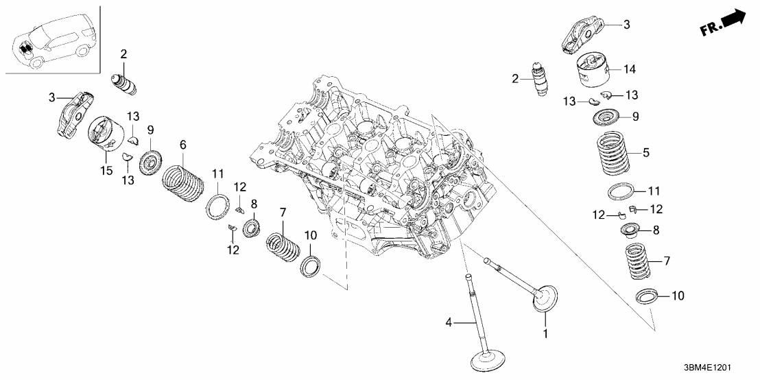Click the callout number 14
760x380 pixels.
pos(629,69)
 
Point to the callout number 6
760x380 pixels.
pos(182,145)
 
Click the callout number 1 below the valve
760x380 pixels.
pos(545,335)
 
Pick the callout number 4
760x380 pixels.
pos(449,322)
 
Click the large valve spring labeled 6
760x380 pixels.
pos(182,179)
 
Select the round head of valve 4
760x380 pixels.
pos(488,359)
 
